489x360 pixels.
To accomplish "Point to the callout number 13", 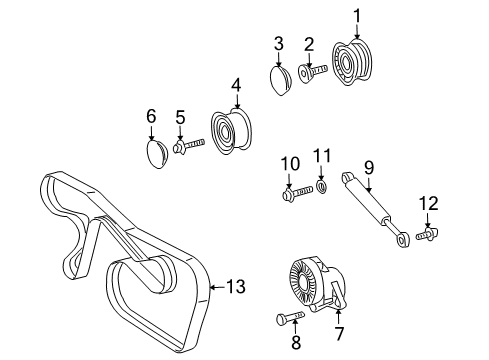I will coord(236,287).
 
